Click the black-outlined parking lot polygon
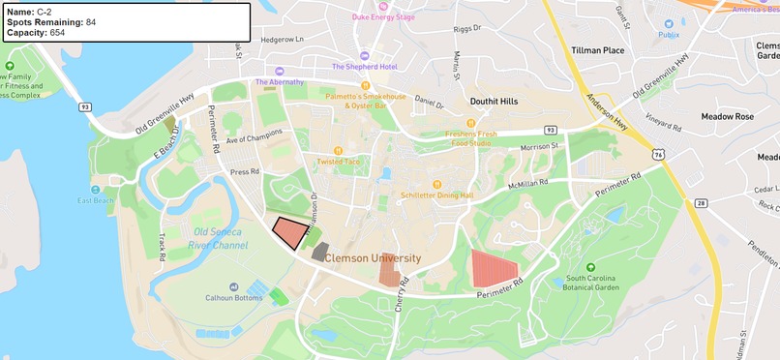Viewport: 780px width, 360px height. pyautogui.click(x=289, y=234)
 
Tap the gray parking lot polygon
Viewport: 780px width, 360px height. pyautogui.click(x=320, y=252)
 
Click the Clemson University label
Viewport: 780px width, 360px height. pyautogui.click(x=373, y=258)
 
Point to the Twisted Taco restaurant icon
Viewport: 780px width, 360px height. pyautogui.click(x=338, y=150)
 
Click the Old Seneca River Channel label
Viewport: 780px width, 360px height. pyautogui.click(x=221, y=238)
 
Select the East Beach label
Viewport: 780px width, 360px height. pyautogui.click(x=96, y=200)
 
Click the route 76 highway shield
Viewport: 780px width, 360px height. pyautogui.click(x=658, y=153)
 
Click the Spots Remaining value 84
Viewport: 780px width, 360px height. pyautogui.click(x=90, y=21)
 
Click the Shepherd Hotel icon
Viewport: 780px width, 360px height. pyautogui.click(x=364, y=55)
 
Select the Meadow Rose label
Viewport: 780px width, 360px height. pyautogui.click(x=730, y=116)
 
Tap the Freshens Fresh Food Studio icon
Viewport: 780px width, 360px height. pyautogui.click(x=470, y=123)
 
